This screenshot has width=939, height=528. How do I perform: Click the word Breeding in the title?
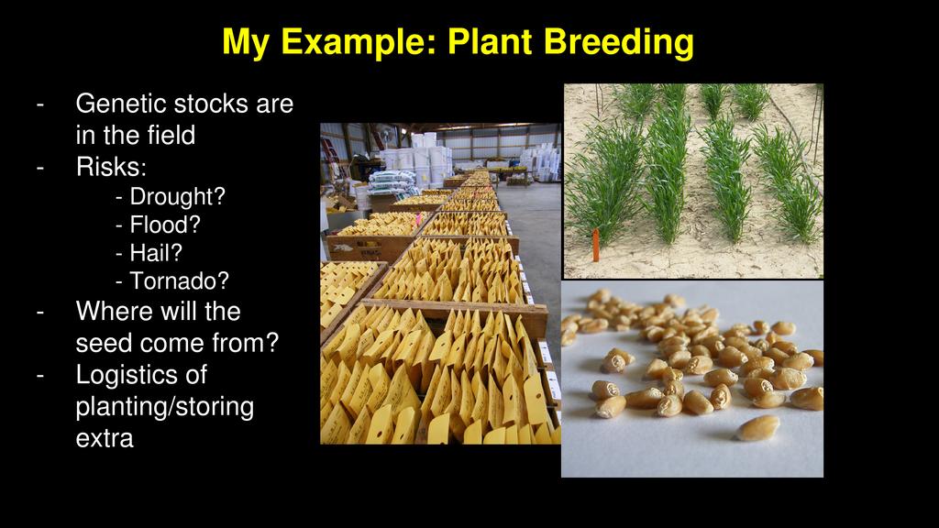click(619, 43)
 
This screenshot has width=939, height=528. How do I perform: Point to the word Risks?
click(111, 167)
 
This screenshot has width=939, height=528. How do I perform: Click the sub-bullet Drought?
click(171, 196)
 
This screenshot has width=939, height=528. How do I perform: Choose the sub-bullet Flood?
click(158, 225)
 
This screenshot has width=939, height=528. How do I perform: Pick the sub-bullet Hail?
click(149, 253)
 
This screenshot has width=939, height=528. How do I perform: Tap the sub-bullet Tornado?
click(172, 280)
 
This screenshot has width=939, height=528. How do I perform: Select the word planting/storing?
click(165, 407)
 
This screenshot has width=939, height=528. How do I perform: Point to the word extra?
click(105, 439)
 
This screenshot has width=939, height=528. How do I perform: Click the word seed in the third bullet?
click(105, 344)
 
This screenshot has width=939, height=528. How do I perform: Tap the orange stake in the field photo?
click(595, 245)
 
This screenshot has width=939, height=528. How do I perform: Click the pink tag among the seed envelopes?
click(417, 220)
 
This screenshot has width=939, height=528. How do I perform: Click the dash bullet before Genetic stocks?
click(40, 104)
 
